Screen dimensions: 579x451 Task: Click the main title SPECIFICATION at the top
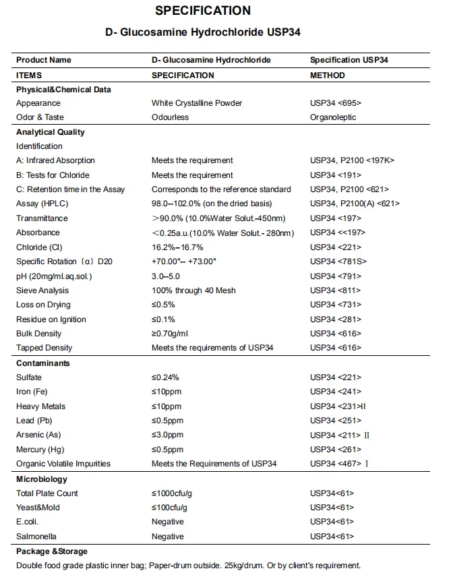coord(202,11)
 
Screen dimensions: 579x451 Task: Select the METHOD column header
coord(327,75)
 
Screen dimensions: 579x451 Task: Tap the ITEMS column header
coord(29,75)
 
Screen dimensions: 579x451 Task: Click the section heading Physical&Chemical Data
coord(63,90)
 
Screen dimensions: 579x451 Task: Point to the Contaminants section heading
coord(43,363)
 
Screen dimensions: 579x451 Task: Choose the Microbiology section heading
coord(42,479)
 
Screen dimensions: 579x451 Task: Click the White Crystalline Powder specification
coord(197,103)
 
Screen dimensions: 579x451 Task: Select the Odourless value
coord(170,117)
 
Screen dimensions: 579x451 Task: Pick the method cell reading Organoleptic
coord(333,117)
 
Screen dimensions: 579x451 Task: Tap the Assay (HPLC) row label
coord(42,204)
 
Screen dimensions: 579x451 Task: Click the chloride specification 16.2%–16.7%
coord(177,247)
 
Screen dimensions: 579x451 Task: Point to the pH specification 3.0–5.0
coord(167,276)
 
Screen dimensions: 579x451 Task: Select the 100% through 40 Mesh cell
coord(193,291)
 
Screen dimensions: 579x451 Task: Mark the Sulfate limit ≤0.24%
coord(165,377)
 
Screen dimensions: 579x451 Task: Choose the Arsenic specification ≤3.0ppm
coord(167,435)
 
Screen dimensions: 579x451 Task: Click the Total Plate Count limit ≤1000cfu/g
coord(172,493)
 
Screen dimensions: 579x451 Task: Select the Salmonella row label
coord(36,537)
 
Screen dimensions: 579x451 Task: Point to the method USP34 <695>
coord(335,103)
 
